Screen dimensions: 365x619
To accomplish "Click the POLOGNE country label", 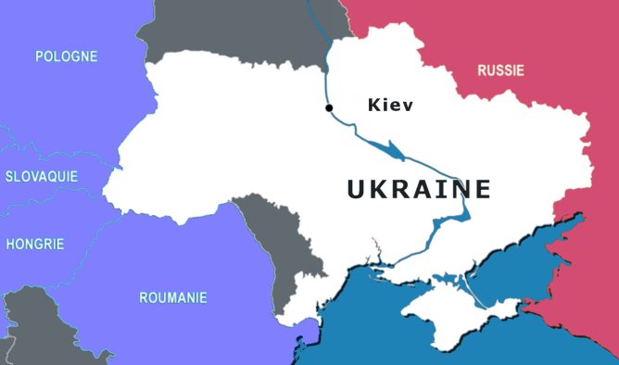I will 66,57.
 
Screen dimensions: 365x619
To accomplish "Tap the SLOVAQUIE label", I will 41,176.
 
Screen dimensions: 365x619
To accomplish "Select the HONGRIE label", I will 35,245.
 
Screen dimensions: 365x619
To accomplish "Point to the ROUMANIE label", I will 172,297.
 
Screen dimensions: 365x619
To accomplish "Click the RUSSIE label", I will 500,70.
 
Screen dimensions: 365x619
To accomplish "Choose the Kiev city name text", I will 390,105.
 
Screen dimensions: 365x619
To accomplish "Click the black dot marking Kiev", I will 329,108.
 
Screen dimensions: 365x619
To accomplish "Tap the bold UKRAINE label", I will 419,189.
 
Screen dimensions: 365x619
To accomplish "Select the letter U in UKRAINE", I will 358,189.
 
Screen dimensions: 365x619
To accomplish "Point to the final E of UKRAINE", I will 481,189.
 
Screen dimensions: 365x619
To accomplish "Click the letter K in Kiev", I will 374,105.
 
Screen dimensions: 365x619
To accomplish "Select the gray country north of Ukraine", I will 241,28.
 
